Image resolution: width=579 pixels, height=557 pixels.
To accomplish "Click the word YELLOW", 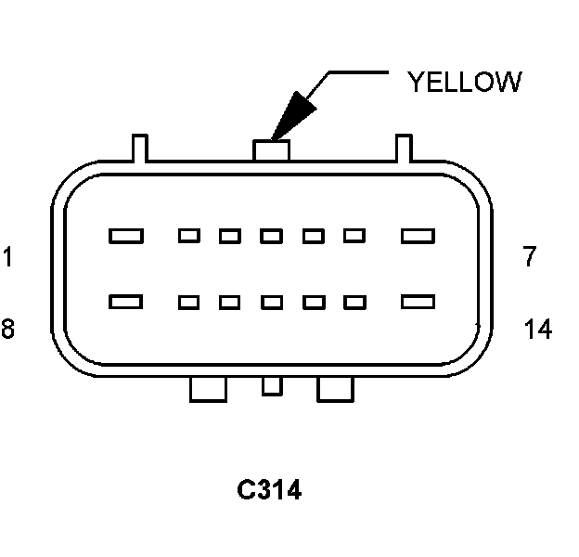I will (x=464, y=82).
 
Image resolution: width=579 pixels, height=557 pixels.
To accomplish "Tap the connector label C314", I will (x=269, y=489).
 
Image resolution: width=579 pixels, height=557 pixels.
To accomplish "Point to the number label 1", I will (x=7, y=257).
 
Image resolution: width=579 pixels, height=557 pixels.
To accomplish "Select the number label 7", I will (x=529, y=257).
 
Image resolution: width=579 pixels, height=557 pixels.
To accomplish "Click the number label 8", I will (x=7, y=329).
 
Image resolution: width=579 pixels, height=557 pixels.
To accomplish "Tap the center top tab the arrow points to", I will (x=271, y=148).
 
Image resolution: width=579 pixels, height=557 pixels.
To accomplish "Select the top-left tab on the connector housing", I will (x=139, y=146).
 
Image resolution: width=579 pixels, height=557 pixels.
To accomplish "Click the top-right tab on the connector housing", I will (x=404, y=146).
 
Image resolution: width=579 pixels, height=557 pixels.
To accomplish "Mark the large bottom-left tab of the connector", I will (x=208, y=389).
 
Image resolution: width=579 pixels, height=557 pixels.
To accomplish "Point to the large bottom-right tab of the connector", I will (x=336, y=389).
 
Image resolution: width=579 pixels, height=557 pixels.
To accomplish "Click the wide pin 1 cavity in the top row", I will (x=126, y=236).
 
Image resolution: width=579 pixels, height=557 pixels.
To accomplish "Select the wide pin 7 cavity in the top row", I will (x=418, y=236).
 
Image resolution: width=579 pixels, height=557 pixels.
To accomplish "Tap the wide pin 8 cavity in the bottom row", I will (x=126, y=302).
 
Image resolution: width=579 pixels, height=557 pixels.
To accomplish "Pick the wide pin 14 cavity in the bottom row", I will (x=418, y=302).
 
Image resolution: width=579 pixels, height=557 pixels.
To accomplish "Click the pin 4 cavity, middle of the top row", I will (x=271, y=236).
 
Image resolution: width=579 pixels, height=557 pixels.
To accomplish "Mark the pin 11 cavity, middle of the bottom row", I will (x=271, y=302).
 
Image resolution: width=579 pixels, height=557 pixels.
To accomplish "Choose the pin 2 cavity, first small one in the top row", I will (x=189, y=236).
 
